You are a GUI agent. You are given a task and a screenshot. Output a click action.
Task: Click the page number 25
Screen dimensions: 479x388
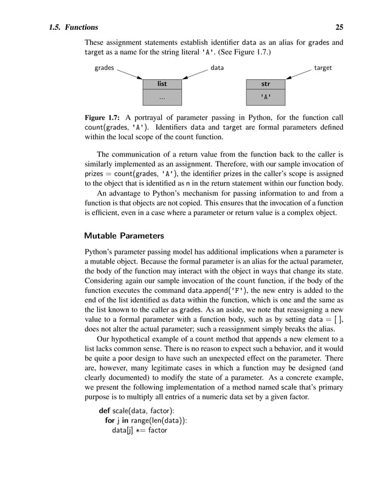(x=339, y=27)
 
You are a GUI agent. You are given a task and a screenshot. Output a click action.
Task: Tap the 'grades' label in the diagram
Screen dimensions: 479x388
(x=104, y=68)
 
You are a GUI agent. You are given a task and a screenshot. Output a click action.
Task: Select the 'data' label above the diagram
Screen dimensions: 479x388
(x=217, y=68)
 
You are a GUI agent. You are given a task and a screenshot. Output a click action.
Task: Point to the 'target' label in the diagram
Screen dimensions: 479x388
(x=323, y=68)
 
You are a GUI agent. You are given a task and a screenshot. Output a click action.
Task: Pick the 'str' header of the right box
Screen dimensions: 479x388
(x=266, y=83)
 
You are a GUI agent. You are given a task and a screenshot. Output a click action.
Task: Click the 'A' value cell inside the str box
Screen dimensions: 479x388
(x=266, y=97)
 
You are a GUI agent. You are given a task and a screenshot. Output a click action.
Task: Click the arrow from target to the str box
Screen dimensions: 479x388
(x=299, y=74)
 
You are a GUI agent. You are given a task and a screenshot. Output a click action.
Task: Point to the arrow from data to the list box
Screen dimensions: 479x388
(x=195, y=74)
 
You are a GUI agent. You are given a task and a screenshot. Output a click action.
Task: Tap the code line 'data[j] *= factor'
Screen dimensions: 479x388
(x=139, y=431)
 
